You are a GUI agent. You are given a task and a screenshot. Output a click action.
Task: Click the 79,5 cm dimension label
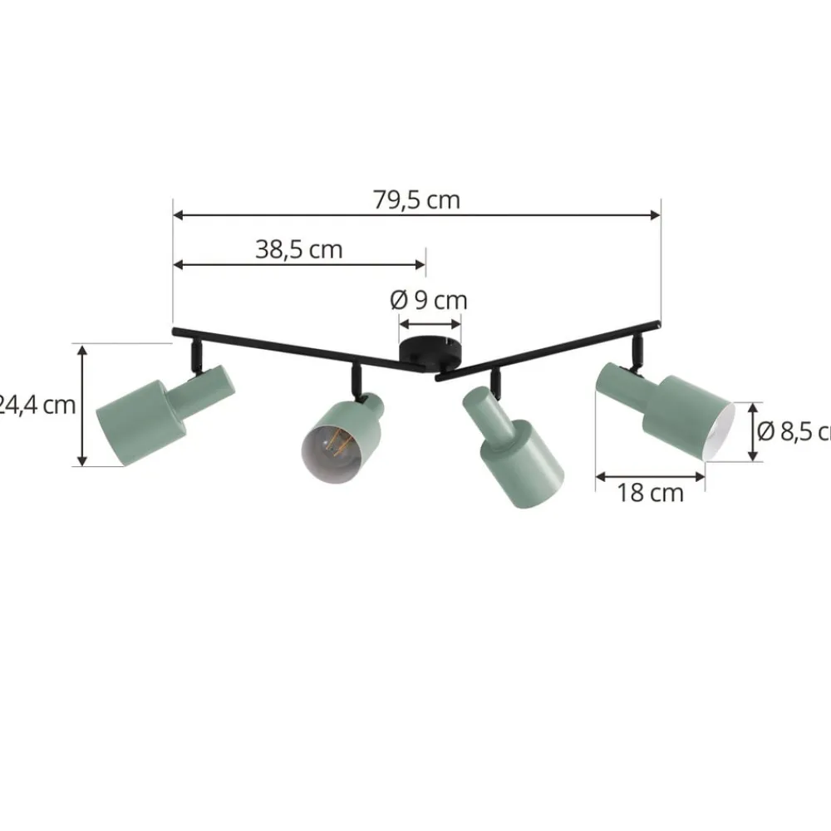pyautogui.click(x=416, y=200)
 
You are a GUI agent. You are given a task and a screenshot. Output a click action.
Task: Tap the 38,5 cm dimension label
pyautogui.click(x=298, y=249)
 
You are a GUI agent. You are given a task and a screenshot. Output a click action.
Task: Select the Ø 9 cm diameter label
pyautogui.click(x=429, y=299)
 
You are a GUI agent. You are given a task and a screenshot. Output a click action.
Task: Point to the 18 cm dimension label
pyautogui.click(x=650, y=493)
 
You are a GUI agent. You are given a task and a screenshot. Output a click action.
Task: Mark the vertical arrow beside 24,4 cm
pyautogui.click(x=82, y=406)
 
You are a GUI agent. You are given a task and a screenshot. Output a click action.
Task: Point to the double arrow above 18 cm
pyautogui.click(x=651, y=476)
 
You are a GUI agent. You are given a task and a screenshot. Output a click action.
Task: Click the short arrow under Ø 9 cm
pyautogui.click(x=430, y=324)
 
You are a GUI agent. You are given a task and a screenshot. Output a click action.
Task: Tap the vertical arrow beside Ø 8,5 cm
pyautogui.click(x=753, y=431)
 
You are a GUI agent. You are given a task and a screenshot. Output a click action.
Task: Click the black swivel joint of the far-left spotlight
pyautogui.click(x=194, y=357)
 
